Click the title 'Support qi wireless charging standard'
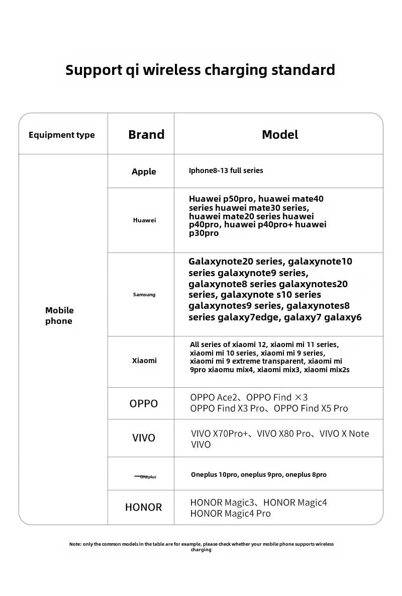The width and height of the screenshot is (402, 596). point(200,69)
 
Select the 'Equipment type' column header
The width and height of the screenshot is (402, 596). point(62,135)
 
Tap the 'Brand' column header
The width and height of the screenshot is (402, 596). point(146,135)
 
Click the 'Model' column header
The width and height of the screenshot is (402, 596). point(280,135)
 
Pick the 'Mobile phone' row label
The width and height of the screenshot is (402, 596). point(59,316)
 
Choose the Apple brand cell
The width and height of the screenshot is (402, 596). point(144,172)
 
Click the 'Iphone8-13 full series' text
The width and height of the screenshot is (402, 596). point(226,171)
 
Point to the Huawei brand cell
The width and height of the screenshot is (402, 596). point(144,220)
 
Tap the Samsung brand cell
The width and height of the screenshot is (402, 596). point(144,295)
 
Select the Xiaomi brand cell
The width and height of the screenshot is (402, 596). point(144,361)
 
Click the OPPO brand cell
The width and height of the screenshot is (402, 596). point(144,403)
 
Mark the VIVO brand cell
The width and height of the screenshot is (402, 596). point(144,438)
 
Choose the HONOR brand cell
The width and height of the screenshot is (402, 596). point(144,507)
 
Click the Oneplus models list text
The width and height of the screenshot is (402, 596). point(259,475)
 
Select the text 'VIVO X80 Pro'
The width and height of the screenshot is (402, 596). point(284,434)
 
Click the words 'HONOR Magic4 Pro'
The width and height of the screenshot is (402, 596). point(230,514)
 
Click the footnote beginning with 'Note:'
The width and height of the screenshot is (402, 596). point(201,547)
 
